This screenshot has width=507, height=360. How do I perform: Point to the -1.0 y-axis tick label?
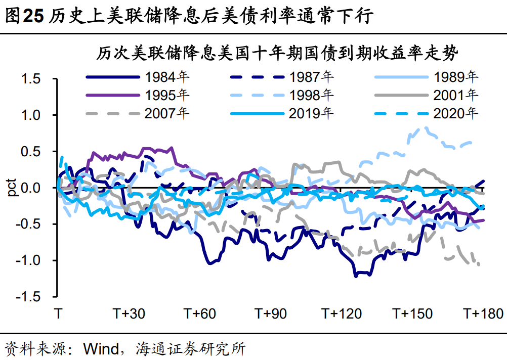[x=27, y=261]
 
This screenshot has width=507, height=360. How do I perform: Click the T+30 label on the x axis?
[x=129, y=313]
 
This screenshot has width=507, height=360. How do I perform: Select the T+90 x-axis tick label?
[x=270, y=313]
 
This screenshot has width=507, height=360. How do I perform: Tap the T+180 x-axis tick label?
[x=484, y=313]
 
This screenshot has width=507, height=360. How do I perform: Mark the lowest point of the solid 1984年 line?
[x=356, y=276]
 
